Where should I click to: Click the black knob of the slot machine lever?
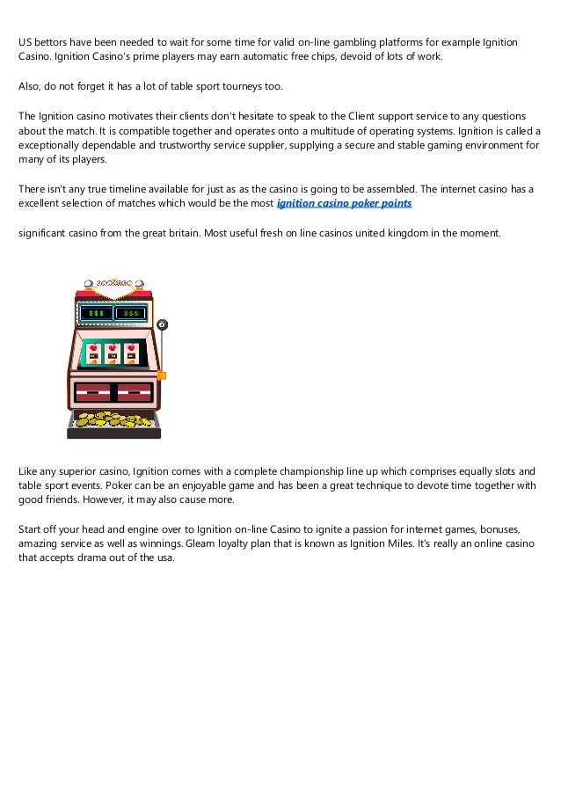point(162,325)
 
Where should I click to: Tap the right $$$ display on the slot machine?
point(132,313)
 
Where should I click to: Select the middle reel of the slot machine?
point(113,353)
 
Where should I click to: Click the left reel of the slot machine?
point(94,353)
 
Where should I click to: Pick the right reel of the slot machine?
point(131,353)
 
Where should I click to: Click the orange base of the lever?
point(161,375)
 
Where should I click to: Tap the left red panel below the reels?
point(93,390)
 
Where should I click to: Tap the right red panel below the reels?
point(134,390)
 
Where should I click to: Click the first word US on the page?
point(26,42)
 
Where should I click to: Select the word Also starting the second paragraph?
point(30,86)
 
